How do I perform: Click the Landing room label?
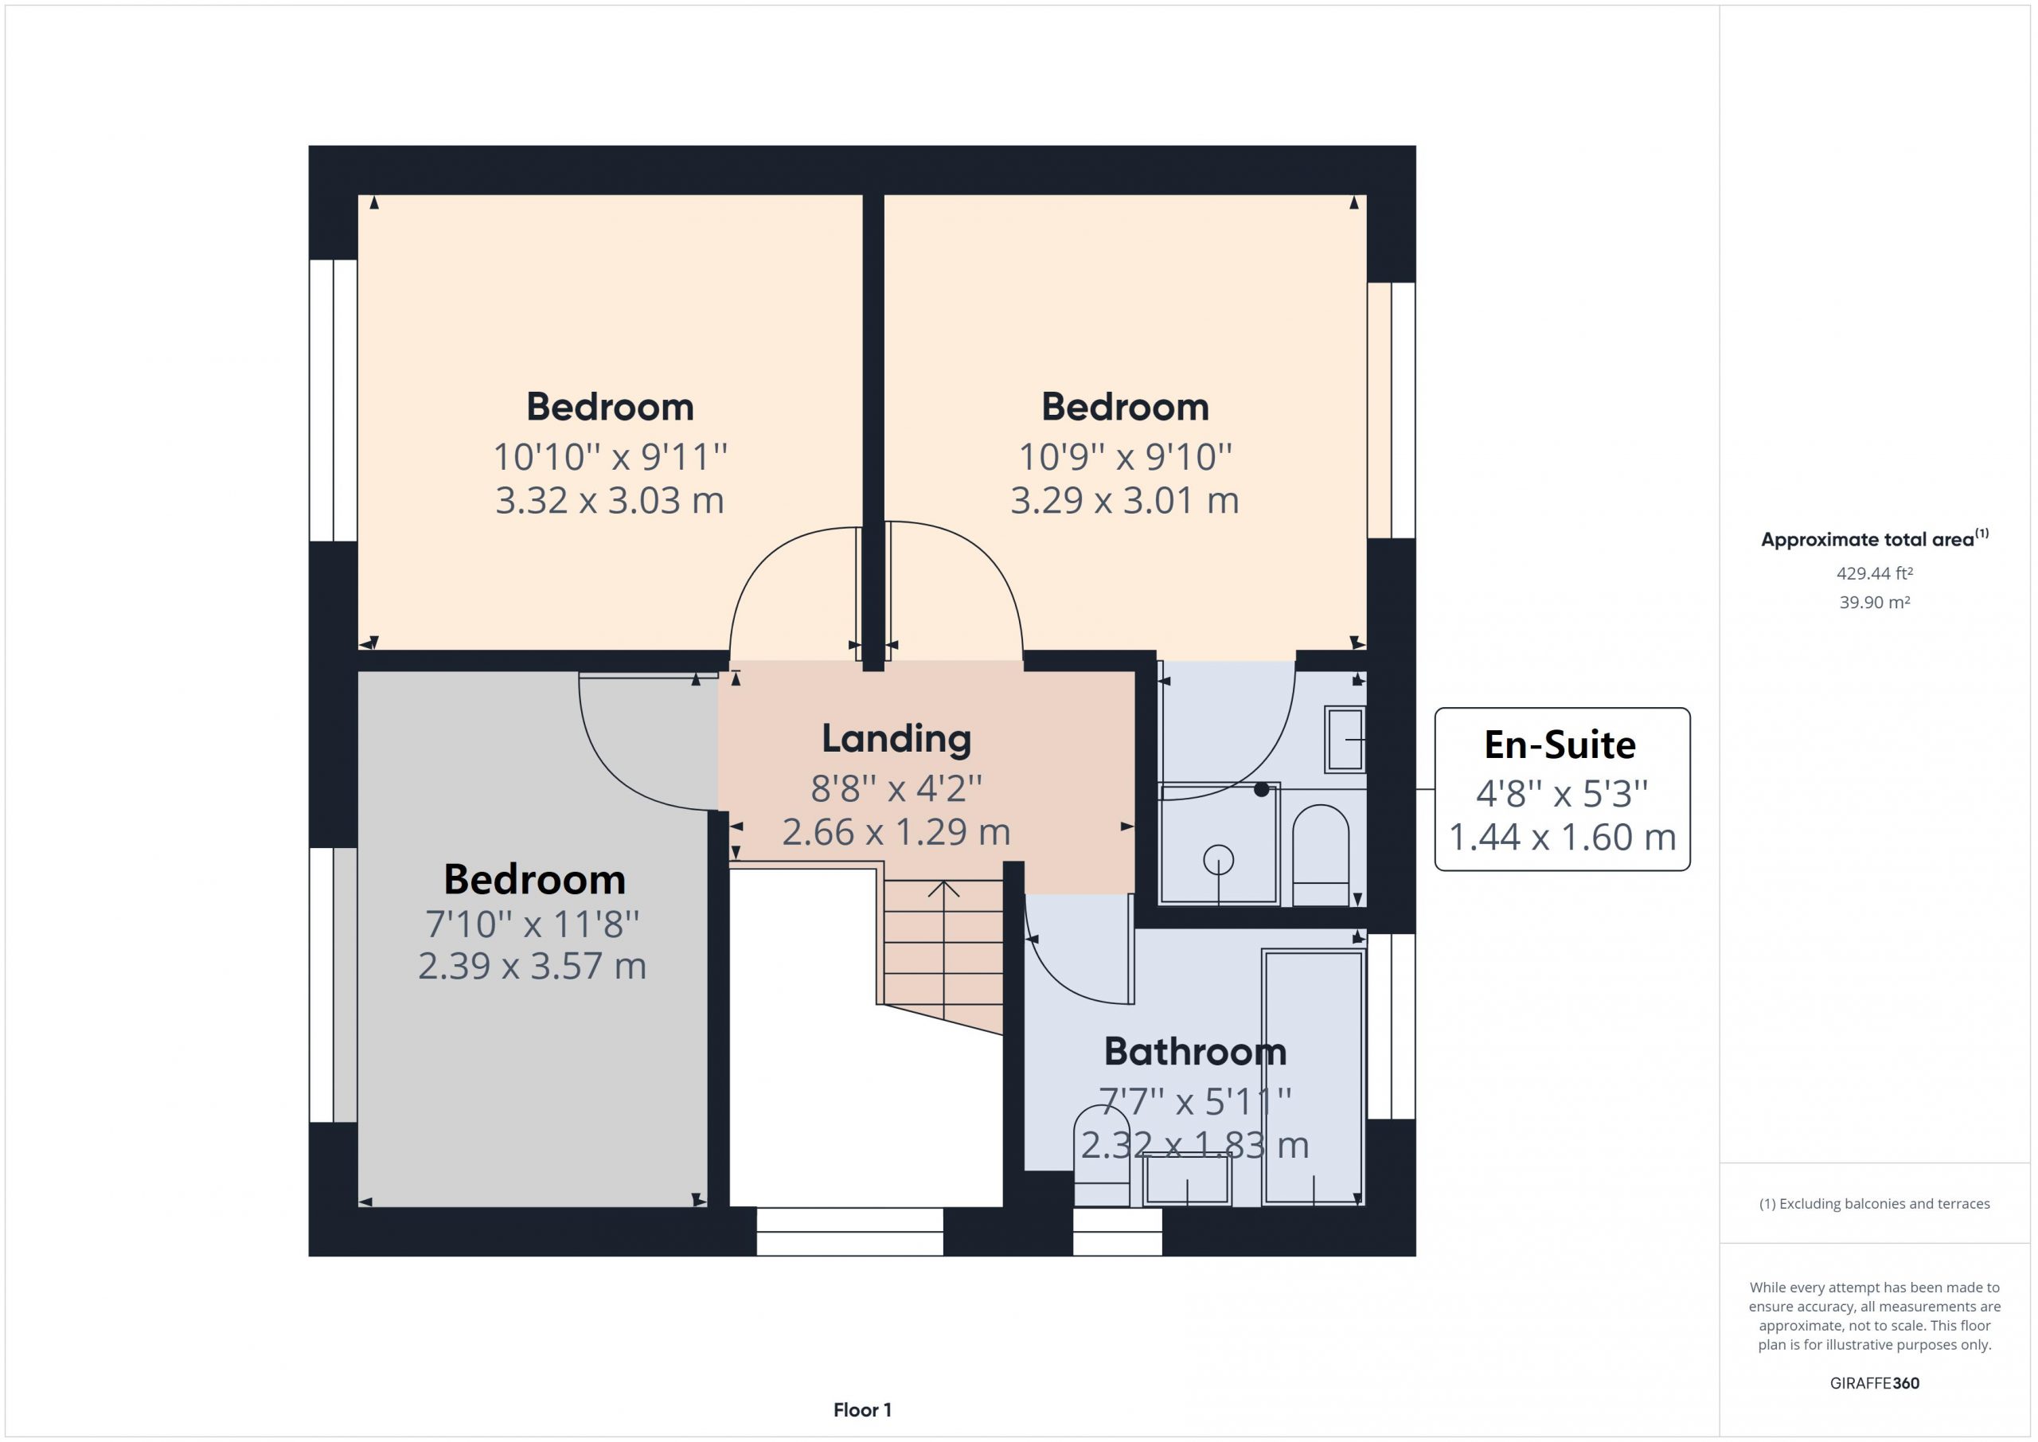tap(896, 739)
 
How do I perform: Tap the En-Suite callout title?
tap(1560, 745)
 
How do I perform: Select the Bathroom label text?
tap(1195, 1051)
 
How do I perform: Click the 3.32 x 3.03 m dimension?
tap(610, 501)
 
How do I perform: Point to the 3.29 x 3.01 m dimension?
tap(1125, 501)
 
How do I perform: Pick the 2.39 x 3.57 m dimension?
tap(533, 966)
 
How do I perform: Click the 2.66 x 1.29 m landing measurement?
tap(896, 832)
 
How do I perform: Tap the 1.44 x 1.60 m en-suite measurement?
tap(1562, 838)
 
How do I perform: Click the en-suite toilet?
tap(1321, 854)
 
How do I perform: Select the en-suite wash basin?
tap(1345, 739)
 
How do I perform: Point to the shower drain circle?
tap(1219, 859)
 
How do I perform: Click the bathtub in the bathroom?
tap(1313, 1078)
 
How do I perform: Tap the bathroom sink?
tap(1187, 1179)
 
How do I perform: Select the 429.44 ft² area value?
tap(1875, 573)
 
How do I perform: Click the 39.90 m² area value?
tap(1875, 602)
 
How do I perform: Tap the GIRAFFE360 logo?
tap(1875, 1382)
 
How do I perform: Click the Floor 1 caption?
tap(862, 1410)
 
